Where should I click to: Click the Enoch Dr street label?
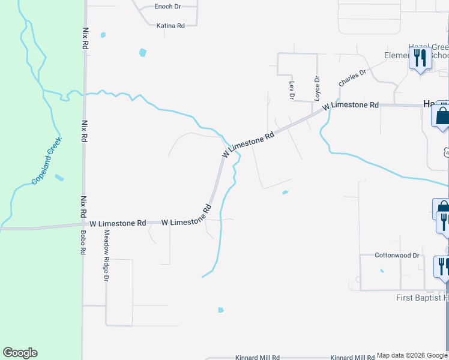click(x=167, y=7)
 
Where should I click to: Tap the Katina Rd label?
click(x=170, y=26)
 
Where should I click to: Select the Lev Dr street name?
click(x=292, y=90)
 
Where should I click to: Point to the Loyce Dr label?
click(x=317, y=88)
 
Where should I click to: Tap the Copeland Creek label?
click(x=43, y=166)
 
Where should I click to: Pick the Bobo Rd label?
click(x=83, y=242)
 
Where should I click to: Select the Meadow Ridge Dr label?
click(x=106, y=256)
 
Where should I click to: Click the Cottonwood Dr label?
click(x=397, y=256)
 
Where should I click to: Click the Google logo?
click(x=20, y=353)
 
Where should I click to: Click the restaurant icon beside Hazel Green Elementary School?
click(x=420, y=59)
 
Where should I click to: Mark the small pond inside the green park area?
click(x=58, y=178)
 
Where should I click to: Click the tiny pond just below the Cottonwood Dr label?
click(x=382, y=270)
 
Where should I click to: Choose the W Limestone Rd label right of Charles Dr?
click(x=350, y=105)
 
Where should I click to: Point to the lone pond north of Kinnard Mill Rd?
click(x=220, y=310)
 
